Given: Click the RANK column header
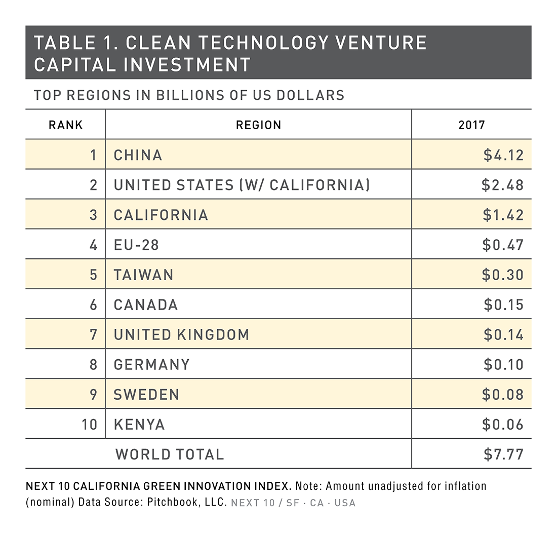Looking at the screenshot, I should click(x=65, y=125).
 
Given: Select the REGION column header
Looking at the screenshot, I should click(x=258, y=125).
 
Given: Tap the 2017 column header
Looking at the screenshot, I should click(x=471, y=125).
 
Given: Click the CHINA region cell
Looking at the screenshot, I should click(x=138, y=155).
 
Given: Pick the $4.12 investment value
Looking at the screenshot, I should click(x=503, y=155).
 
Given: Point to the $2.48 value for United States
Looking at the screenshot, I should click(x=502, y=185).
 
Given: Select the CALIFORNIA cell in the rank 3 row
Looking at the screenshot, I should click(x=161, y=215).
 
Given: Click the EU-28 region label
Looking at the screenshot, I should click(x=136, y=245).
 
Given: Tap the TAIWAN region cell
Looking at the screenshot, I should click(x=144, y=275).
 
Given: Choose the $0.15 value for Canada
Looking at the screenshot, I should click(x=503, y=305).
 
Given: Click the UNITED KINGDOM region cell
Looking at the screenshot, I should click(x=181, y=335).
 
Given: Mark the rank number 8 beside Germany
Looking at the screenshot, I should click(x=93, y=365).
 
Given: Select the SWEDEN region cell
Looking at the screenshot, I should click(x=146, y=395).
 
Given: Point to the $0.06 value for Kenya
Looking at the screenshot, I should click(x=503, y=425).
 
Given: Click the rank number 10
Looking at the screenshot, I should click(x=89, y=425).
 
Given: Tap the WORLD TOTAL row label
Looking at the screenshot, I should click(x=170, y=454).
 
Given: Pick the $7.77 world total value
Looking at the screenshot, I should click(x=503, y=454).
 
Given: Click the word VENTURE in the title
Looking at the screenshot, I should click(x=368, y=43).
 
